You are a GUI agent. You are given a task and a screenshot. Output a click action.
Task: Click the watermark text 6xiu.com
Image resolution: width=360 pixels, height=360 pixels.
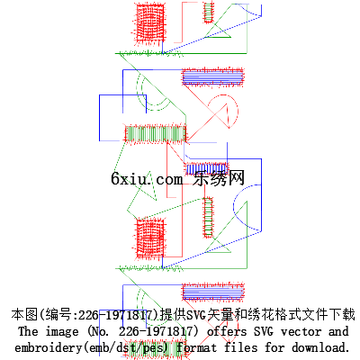point(147,179)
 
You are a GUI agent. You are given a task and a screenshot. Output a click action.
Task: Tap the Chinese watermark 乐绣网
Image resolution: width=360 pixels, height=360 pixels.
point(219,178)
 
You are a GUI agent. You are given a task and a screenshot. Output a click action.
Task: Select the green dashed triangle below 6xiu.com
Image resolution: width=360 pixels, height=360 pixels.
point(141,195)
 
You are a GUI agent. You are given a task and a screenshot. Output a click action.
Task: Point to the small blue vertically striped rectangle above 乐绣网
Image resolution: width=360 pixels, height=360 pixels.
point(206,169)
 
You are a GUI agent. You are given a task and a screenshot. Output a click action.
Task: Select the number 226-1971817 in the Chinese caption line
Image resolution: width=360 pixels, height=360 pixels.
point(116,315)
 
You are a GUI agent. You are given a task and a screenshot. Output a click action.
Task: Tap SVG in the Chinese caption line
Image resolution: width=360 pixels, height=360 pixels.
point(196,315)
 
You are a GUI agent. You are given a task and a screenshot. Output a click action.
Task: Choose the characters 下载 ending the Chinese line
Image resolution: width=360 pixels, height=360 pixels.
point(342,314)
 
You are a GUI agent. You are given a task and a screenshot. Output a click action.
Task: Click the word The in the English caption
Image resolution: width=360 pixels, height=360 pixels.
point(28,331)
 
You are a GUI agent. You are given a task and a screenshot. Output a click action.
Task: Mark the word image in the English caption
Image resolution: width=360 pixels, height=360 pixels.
point(62,332)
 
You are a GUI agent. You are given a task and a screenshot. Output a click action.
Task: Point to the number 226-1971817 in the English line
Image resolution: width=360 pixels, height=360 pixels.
point(156,331)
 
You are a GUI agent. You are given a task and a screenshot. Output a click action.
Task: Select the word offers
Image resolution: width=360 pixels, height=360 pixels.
point(227,331)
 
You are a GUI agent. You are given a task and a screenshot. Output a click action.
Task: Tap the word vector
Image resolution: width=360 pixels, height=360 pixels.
point(301,332)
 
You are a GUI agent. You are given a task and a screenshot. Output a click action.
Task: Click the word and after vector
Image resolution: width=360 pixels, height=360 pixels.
point(338,331)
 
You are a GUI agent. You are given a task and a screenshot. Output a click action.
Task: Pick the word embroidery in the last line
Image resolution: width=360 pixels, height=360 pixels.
point(48,348)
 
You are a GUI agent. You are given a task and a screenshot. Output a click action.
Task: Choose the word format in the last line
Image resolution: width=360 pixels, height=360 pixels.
point(196,347)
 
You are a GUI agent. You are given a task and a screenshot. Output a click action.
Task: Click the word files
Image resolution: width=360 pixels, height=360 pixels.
point(240,347)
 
